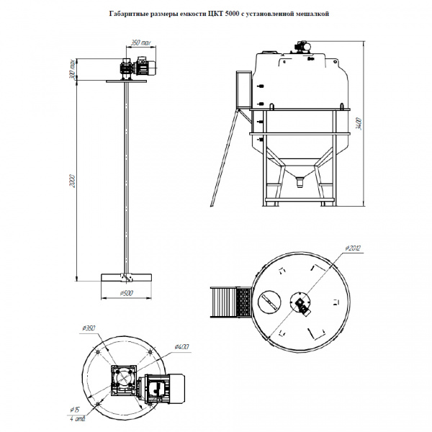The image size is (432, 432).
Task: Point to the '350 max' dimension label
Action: [141, 43]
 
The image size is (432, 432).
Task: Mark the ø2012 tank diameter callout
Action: [352, 248]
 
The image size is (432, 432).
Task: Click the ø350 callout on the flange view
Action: [88, 330]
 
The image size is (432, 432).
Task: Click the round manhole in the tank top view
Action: [269, 300]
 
